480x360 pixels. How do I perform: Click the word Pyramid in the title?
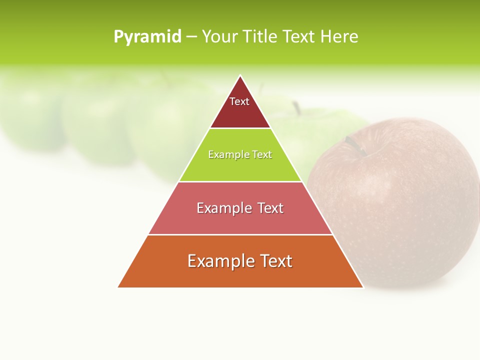tap(147, 37)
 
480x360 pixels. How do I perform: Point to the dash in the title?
tap(191, 37)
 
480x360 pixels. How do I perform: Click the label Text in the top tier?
tap(239, 101)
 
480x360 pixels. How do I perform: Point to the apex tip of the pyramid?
tap(240, 76)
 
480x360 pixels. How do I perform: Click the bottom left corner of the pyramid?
tap(118, 287)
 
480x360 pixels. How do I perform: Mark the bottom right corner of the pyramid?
tap(362, 287)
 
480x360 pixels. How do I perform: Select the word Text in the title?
tap(299, 37)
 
